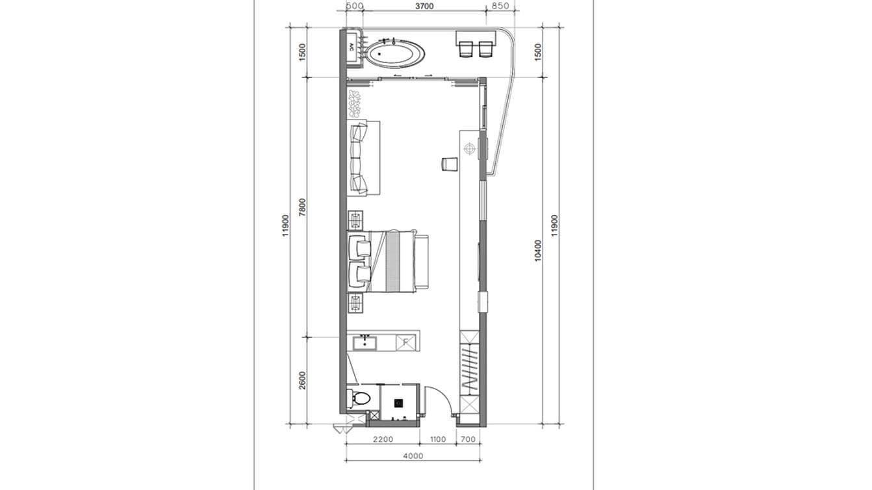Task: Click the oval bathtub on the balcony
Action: point(396,55)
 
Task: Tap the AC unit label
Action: point(79,47)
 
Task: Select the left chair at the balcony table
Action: point(466,49)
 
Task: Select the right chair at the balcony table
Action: point(486,49)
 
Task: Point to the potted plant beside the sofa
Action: point(354,103)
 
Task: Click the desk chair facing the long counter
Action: point(449,164)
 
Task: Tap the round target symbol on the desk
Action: point(470,148)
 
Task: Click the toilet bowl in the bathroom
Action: point(361,398)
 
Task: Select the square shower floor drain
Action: point(398,403)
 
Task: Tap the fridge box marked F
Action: point(405,342)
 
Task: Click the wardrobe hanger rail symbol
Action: point(470,369)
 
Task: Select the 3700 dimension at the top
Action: point(424,6)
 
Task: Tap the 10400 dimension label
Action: point(538,250)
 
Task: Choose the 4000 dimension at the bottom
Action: point(413,456)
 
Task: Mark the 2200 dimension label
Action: point(383,439)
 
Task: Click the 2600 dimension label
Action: point(303,380)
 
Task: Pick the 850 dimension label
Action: point(500,6)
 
